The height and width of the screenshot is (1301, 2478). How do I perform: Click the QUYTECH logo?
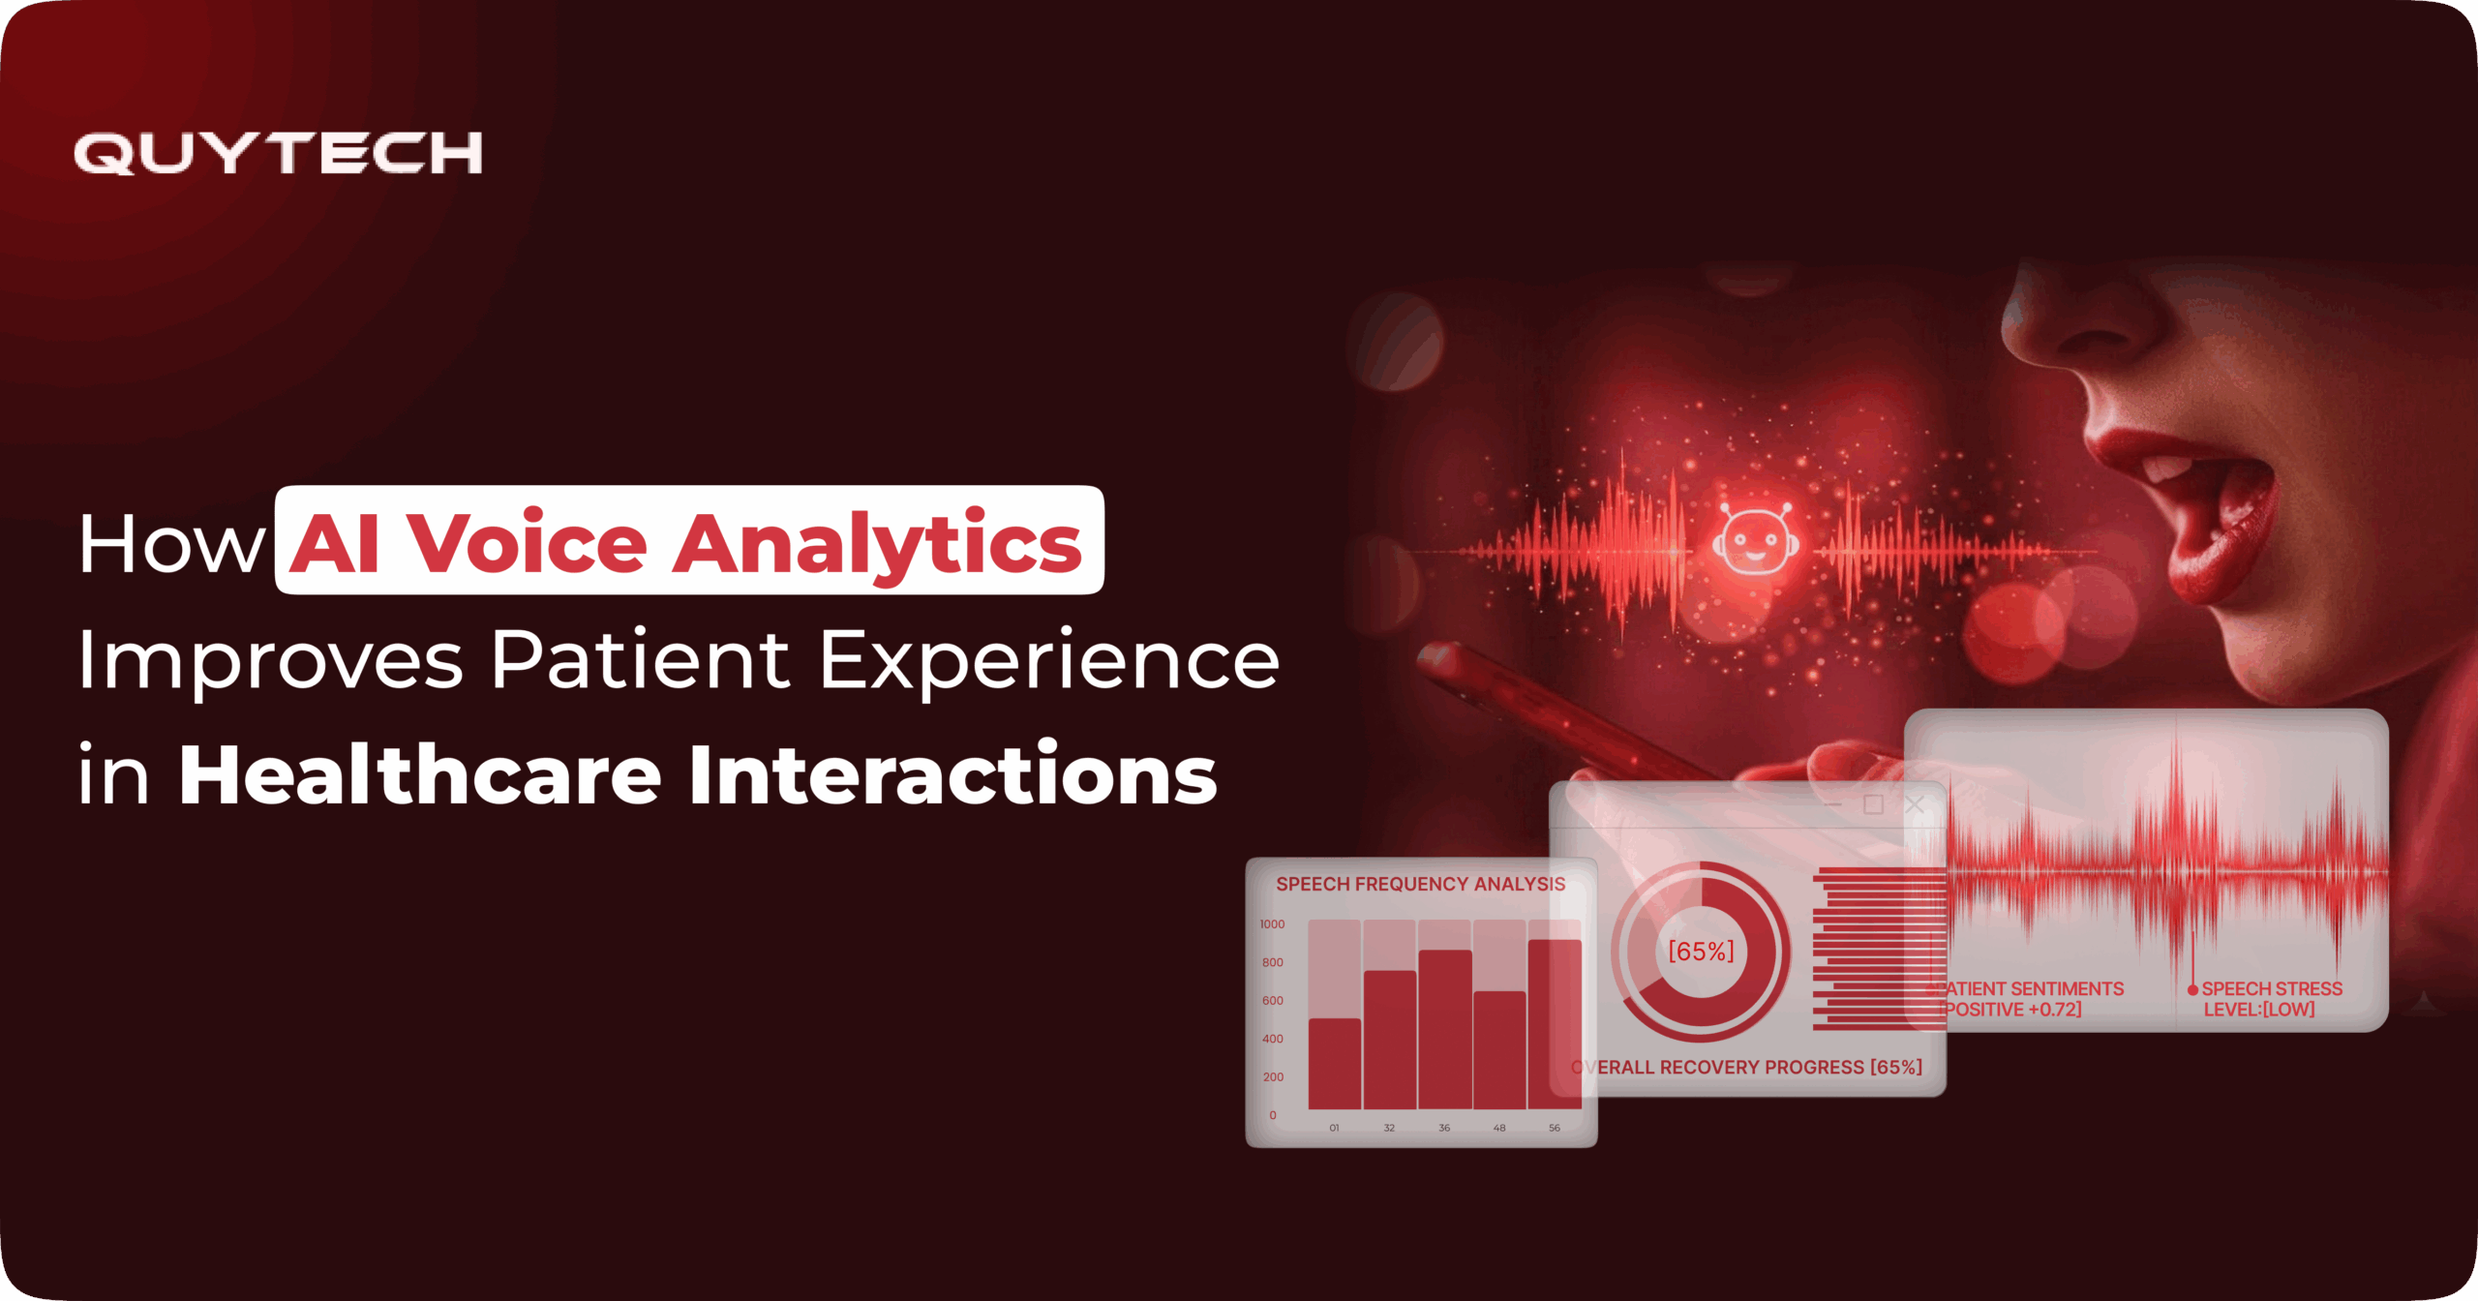click(278, 153)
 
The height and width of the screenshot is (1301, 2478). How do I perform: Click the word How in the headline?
click(171, 545)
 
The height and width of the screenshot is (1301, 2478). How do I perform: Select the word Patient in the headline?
click(640, 660)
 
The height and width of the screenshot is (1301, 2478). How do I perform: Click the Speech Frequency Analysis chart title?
click(1420, 884)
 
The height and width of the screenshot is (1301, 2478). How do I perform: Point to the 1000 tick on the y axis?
click(1272, 924)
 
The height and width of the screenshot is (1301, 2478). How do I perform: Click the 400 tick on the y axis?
click(1272, 1039)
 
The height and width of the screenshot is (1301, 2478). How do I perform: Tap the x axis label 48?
click(1498, 1128)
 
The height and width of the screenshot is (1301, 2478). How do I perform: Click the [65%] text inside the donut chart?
click(1701, 952)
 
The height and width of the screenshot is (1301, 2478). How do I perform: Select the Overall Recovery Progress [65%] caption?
click(1747, 1067)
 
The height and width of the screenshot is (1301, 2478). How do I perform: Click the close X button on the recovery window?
click(1914, 804)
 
